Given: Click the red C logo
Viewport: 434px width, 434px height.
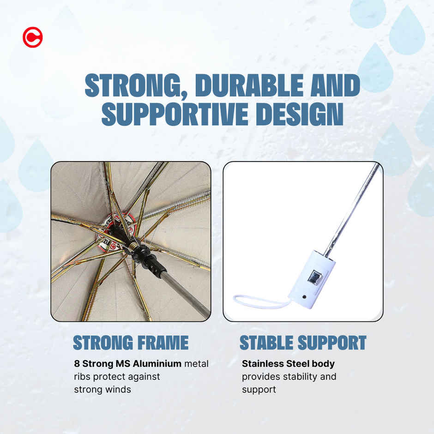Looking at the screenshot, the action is pos(33,37).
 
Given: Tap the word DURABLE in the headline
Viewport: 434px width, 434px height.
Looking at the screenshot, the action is pos(249,85).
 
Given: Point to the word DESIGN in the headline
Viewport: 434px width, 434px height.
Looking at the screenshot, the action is pos(300,114).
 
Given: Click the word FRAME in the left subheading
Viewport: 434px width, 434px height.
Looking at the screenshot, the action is pos(163,343).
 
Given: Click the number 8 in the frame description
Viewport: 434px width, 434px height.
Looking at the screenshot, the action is pos(77,364).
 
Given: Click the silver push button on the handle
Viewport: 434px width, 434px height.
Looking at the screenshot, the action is pos(314,277).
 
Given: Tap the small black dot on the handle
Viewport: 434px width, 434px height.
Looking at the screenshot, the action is pos(304,297).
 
